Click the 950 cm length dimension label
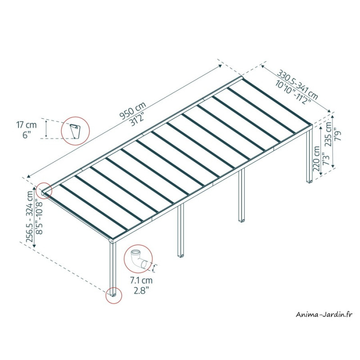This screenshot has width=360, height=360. [x=133, y=110]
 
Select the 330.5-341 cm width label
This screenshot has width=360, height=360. [x=298, y=85]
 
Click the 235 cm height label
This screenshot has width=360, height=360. [x=328, y=134]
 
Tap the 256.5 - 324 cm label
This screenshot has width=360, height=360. [x=30, y=216]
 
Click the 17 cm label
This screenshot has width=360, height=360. [x=26, y=125]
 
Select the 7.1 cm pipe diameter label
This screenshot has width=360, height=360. [x=141, y=280]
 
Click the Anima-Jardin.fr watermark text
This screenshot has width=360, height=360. [x=324, y=314]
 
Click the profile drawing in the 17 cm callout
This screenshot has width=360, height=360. [x=75, y=131]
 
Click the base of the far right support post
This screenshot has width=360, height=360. [x=310, y=181]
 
